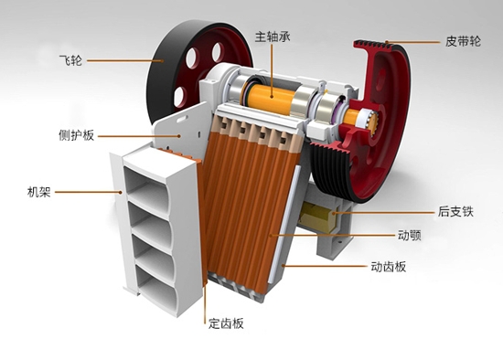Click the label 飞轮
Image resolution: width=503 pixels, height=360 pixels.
(x=70, y=60)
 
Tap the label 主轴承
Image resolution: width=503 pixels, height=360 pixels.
(x=273, y=37)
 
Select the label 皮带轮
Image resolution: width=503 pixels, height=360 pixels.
(x=463, y=41)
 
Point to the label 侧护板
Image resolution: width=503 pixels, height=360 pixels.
(x=76, y=135)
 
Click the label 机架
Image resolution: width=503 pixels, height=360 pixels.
(x=39, y=192)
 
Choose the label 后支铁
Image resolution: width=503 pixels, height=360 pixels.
(x=455, y=212)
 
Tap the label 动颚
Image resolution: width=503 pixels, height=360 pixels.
(x=410, y=236)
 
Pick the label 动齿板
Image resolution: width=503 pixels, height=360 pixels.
(x=389, y=267)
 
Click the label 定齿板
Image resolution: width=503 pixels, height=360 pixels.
(x=226, y=323)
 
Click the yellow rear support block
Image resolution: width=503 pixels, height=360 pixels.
(x=317, y=217)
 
